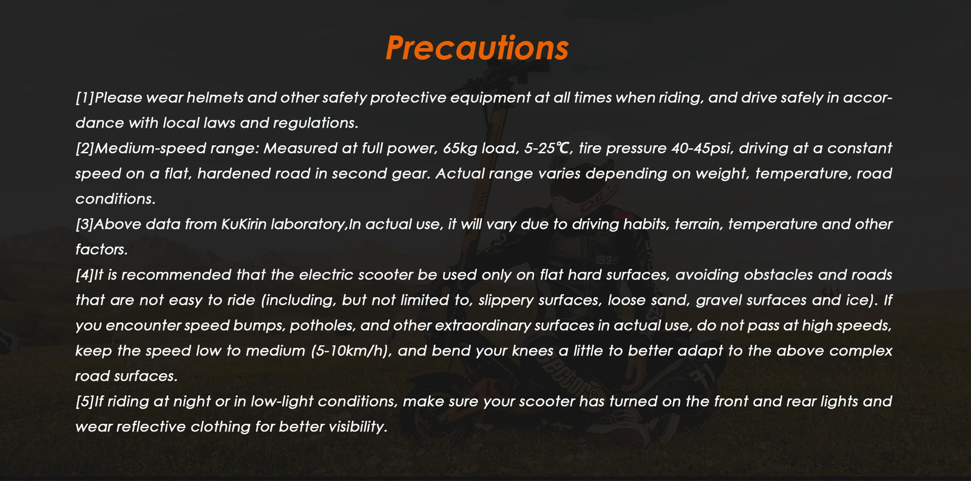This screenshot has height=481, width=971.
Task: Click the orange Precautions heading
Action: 477,48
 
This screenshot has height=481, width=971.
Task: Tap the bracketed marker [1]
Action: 85,98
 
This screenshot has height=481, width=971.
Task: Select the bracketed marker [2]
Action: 85,148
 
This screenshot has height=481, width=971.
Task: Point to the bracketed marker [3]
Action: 84,224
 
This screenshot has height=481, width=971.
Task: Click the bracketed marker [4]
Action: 84,275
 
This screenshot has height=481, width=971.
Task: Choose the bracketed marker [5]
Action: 84,401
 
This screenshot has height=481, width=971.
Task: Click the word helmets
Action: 215,98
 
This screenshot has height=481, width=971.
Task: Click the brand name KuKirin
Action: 243,224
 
